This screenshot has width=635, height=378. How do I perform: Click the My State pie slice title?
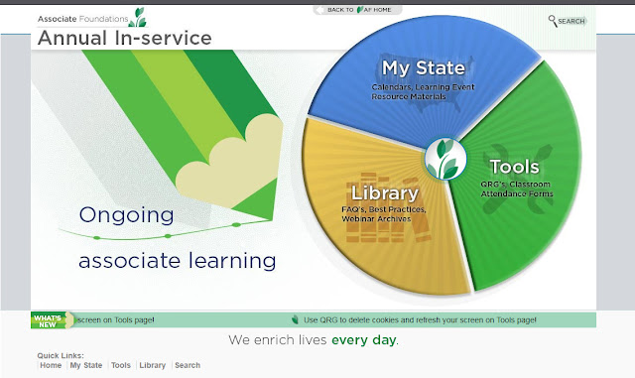424,68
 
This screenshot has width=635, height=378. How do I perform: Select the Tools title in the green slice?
514,167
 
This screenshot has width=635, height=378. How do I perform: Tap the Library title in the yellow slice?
385,192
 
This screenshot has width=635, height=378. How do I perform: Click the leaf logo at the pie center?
445,159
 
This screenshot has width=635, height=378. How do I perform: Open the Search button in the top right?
568,21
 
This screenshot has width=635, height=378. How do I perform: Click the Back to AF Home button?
358,10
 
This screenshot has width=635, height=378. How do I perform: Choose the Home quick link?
51,365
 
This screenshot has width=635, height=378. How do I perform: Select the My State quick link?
86,365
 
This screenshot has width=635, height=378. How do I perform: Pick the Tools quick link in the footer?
121,365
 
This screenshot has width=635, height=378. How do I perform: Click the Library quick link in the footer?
152,365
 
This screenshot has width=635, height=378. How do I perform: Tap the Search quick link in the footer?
188,365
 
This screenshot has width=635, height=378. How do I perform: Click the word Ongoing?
126,215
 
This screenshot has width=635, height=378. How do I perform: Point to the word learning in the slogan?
232,261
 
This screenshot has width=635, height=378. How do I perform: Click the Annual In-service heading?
125,38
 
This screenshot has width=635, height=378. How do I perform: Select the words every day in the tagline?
364,340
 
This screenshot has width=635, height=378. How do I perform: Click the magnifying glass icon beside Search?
553,21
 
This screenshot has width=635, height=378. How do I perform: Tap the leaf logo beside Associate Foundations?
138,17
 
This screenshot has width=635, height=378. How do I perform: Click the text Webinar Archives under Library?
376,219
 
